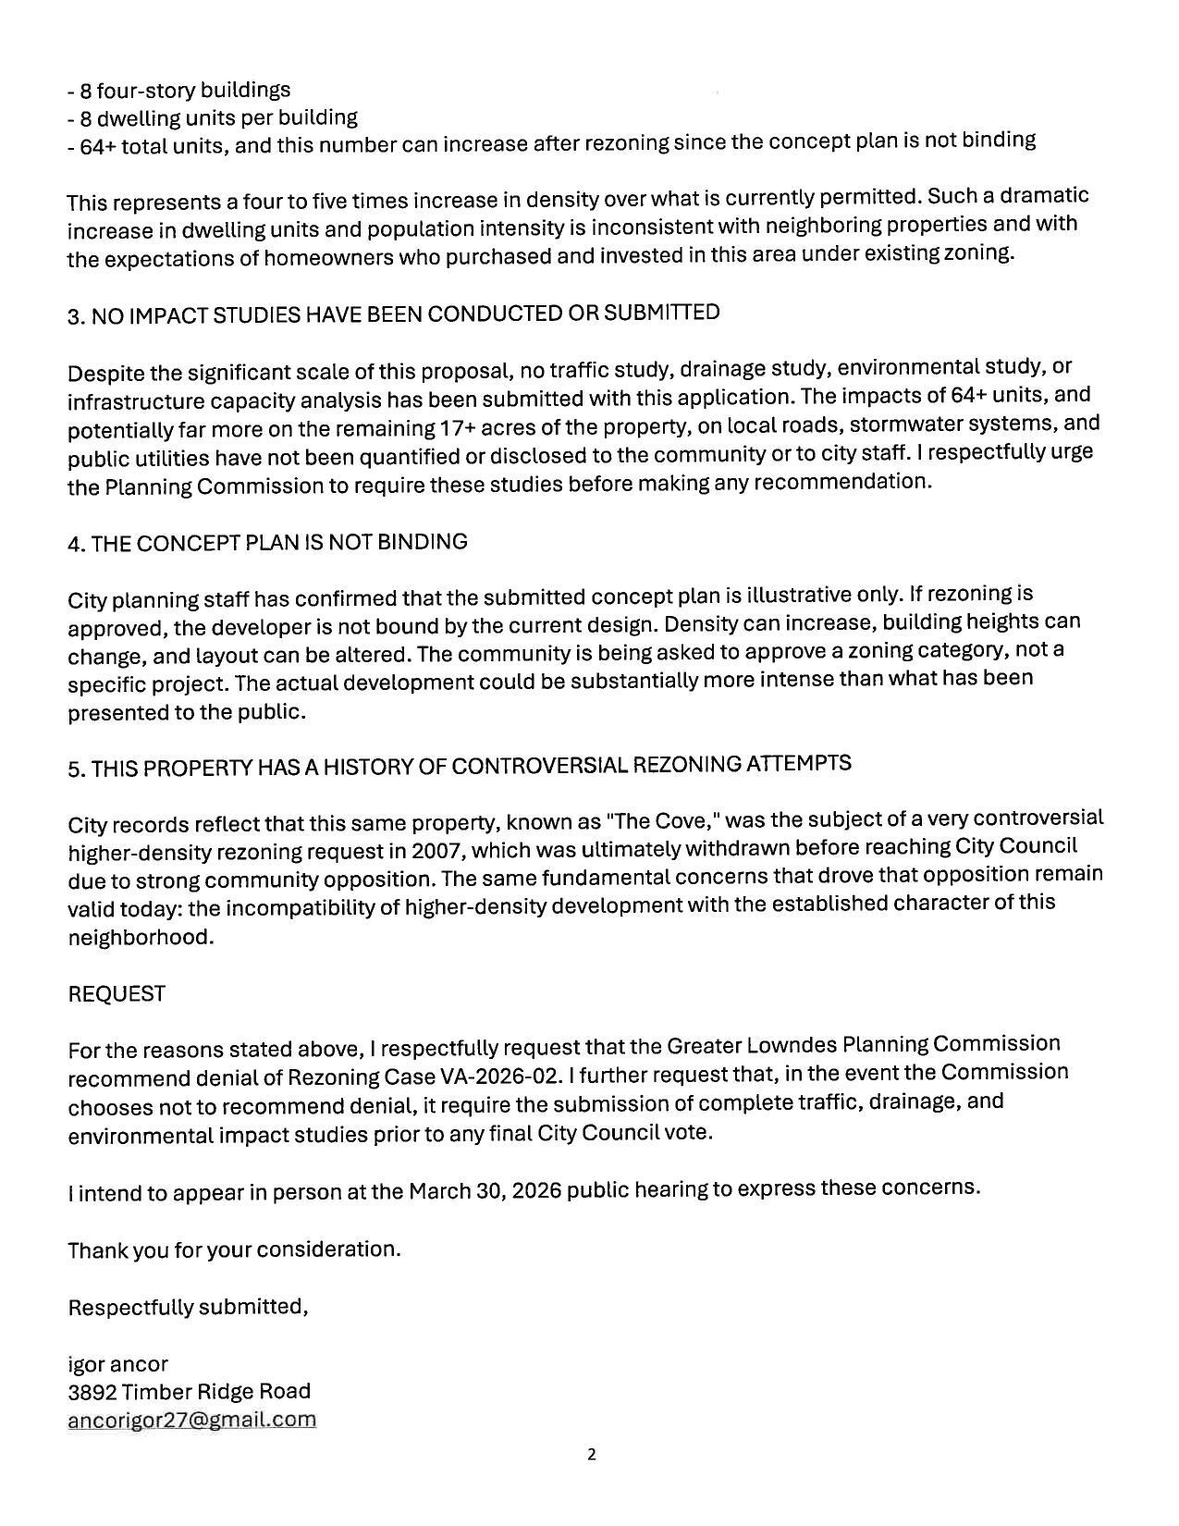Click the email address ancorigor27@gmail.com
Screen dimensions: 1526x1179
(191, 1420)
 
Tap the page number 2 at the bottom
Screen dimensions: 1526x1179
(591, 1455)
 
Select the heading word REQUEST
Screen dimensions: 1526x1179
(117, 994)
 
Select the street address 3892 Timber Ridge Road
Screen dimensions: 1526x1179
(189, 1392)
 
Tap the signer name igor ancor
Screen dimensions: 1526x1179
(117, 1364)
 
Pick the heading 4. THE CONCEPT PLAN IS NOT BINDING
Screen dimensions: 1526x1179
(267, 543)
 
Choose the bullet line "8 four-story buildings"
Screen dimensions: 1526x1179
(179, 91)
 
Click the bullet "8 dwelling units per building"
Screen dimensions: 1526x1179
(213, 118)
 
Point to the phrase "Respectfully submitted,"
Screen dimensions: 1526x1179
(188, 1307)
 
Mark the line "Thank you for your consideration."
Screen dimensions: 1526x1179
(234, 1250)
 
